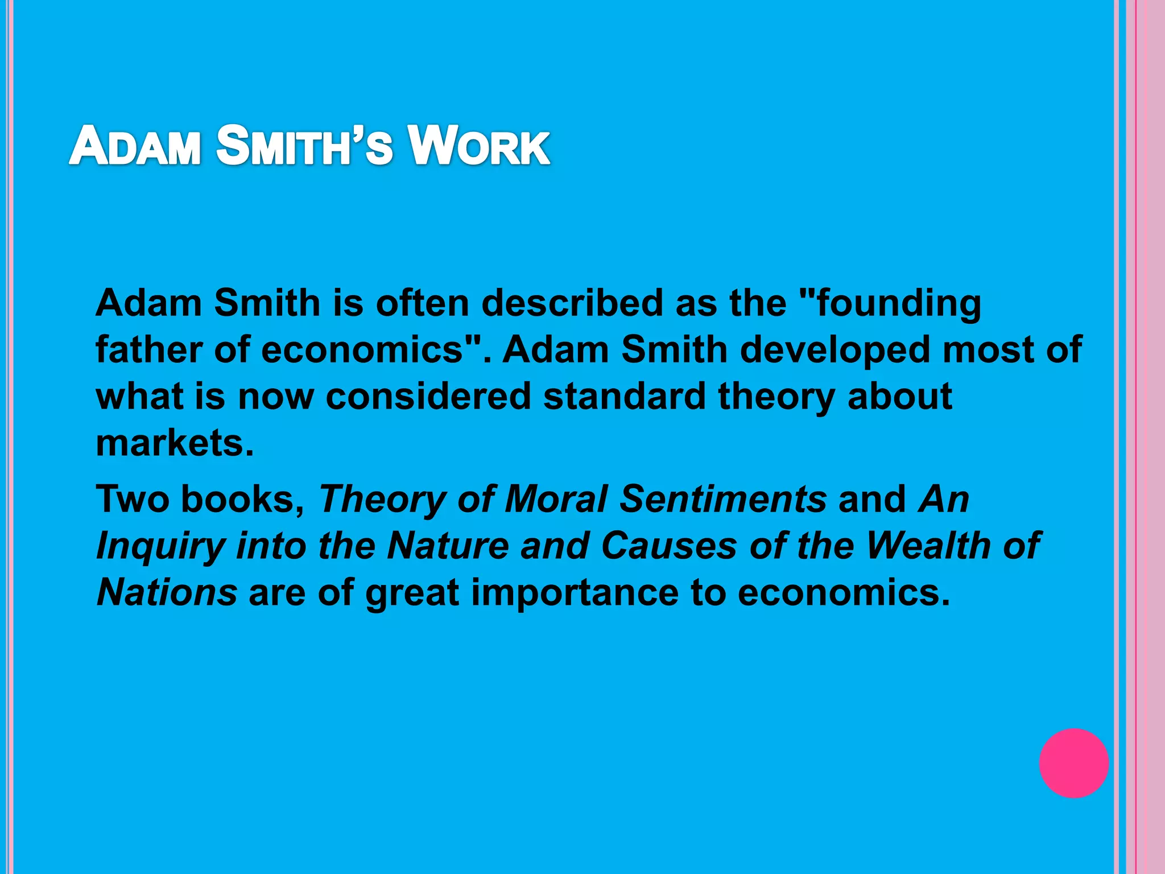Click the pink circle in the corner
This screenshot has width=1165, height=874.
click(1073, 762)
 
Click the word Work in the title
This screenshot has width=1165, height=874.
click(479, 146)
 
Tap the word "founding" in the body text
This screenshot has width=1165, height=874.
click(899, 303)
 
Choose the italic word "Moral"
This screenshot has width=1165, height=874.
click(556, 499)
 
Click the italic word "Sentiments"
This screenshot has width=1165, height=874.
click(722, 499)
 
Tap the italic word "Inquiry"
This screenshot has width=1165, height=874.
click(160, 546)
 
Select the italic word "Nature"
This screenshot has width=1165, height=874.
click(448, 546)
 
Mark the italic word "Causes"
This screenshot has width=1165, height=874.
click(669, 546)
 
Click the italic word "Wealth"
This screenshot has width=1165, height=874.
click(928, 546)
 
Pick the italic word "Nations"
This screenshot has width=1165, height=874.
click(167, 592)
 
